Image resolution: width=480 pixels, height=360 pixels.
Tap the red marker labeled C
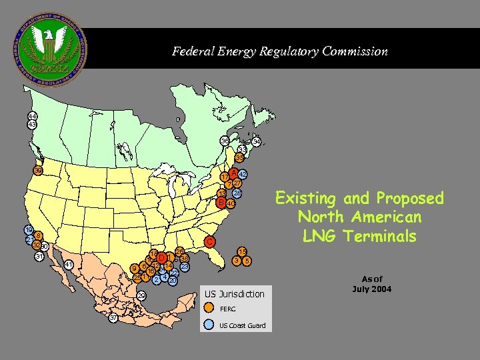pos(209,241)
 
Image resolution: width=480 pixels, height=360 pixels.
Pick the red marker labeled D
pos(161,258)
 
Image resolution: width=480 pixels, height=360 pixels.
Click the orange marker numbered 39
pos(39,171)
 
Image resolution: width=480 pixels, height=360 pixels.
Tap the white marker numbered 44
pos(32,116)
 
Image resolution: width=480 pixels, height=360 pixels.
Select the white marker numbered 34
pos(257,142)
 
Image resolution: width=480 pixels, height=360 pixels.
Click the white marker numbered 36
pos(226,141)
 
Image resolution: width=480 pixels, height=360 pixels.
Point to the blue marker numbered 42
pos(243,174)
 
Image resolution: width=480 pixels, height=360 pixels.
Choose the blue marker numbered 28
pos(237,193)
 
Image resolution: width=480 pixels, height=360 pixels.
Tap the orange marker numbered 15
pos(243,251)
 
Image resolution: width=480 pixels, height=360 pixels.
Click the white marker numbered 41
pos(69,265)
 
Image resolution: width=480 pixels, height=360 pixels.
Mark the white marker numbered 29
pos(141,296)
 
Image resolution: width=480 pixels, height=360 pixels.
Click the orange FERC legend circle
pos(209,308)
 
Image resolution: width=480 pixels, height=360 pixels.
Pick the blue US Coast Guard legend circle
pos(209,325)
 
